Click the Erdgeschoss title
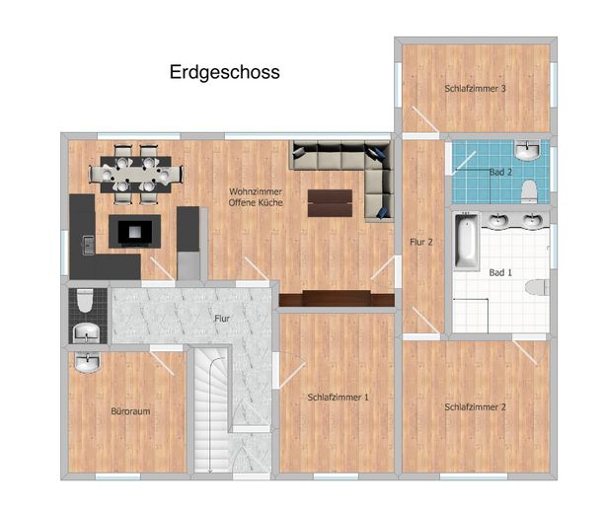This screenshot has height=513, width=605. [x=225, y=72]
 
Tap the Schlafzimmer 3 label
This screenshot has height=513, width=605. [x=475, y=89]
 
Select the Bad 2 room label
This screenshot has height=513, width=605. [x=500, y=172]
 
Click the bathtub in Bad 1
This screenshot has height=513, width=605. [x=466, y=240]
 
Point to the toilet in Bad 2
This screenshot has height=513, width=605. [x=529, y=191]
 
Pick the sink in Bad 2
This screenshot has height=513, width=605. [x=527, y=150]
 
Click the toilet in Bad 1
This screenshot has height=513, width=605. [x=537, y=287]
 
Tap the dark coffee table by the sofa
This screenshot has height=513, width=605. [x=330, y=203]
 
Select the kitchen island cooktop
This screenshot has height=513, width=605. [x=134, y=232]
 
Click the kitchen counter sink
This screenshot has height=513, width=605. [x=89, y=245]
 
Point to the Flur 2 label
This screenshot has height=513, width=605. [x=421, y=243]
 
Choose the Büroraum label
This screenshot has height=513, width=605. [x=130, y=411]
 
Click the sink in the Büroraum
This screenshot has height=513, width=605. [x=87, y=362]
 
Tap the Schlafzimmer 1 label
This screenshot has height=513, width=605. [x=338, y=397]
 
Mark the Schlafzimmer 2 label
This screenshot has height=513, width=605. [x=475, y=406]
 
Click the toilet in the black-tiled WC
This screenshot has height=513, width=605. [x=85, y=301]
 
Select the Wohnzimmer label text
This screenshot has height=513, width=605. [x=256, y=191]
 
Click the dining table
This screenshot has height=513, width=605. [x=136, y=175]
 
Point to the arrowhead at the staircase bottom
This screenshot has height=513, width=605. [x=209, y=470]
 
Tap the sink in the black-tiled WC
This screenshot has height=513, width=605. [x=87, y=332]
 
